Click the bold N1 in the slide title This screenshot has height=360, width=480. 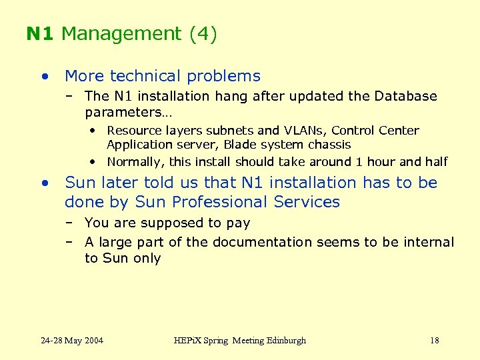(40, 34)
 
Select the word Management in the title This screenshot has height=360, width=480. (121, 34)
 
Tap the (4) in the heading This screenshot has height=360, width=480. (203, 34)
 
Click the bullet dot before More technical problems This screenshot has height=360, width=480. (44, 77)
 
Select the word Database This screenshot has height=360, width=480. (407, 97)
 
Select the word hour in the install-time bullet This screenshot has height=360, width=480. (381, 162)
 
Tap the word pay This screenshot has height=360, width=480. (238, 223)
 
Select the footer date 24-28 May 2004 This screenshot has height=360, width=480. (72, 341)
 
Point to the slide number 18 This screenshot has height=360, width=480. (434, 341)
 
